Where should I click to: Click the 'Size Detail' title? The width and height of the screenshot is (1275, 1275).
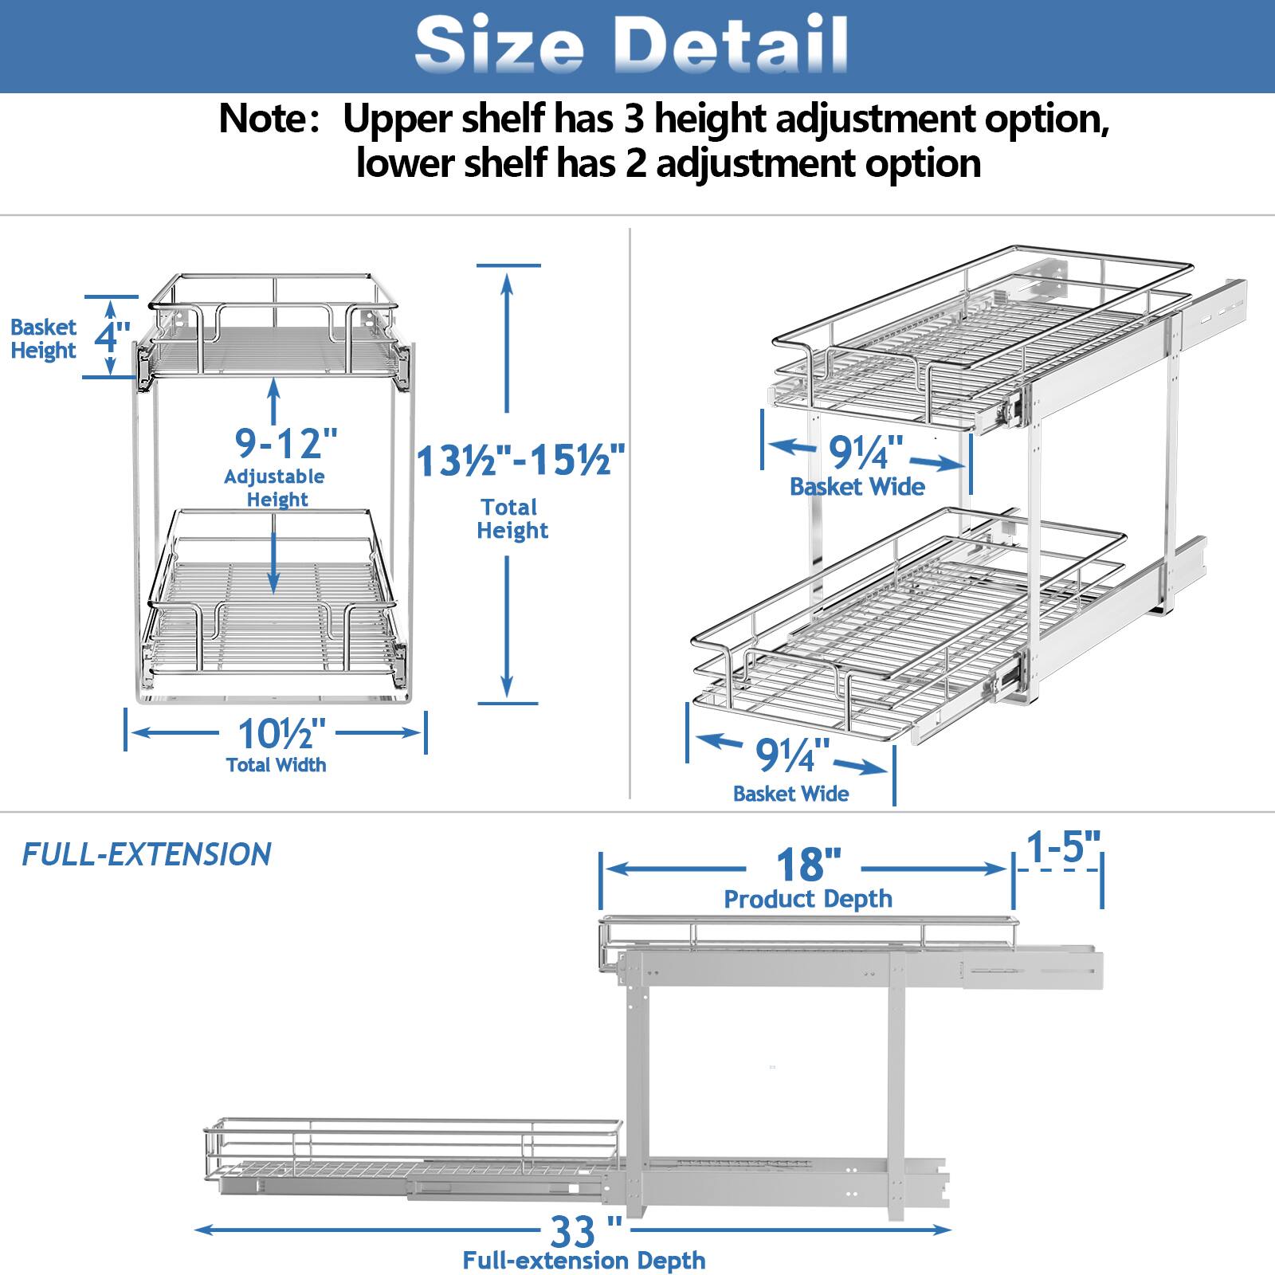pyautogui.click(x=630, y=45)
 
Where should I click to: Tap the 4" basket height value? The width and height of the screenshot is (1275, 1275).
pyautogui.click(x=112, y=336)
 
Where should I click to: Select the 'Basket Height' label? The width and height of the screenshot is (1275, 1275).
pyautogui.click(x=43, y=339)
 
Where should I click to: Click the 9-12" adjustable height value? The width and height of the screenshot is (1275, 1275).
pyautogui.click(x=286, y=442)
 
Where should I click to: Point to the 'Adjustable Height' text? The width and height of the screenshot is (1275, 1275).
pyautogui.click(x=275, y=488)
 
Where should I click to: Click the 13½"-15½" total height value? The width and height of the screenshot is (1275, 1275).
pyautogui.click(x=520, y=460)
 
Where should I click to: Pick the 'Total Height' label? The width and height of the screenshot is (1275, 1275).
pyautogui.click(x=512, y=519)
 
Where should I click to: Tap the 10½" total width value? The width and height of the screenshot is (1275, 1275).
pyautogui.click(x=282, y=732)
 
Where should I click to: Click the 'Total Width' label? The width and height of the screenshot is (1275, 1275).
pyautogui.click(x=276, y=765)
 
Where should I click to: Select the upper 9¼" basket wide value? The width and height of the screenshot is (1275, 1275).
pyautogui.click(x=865, y=453)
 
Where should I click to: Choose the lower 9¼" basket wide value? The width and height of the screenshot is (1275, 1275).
pyautogui.click(x=792, y=755)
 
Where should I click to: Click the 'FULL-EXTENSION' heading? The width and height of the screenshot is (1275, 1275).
pyautogui.click(x=147, y=854)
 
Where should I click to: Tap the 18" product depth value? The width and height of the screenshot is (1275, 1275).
pyautogui.click(x=809, y=864)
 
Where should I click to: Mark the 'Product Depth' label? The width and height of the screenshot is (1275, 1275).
pyautogui.click(x=808, y=899)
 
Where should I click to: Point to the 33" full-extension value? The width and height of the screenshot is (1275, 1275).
pyautogui.click(x=585, y=1233)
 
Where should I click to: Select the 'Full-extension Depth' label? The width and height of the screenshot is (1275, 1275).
pyautogui.click(x=584, y=1261)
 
